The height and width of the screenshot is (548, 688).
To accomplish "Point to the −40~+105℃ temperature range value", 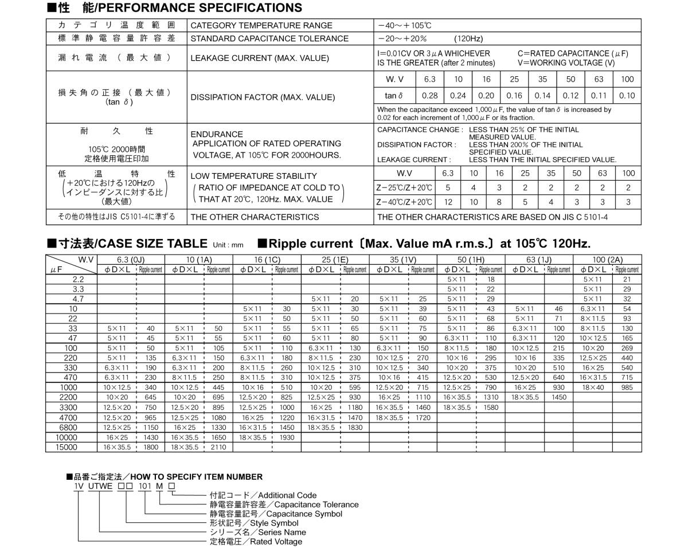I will click(405, 25).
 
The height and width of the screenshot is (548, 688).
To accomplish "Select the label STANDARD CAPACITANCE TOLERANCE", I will click(269, 38).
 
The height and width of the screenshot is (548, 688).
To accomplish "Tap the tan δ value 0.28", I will click(429, 96).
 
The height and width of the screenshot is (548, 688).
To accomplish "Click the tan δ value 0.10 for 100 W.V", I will click(627, 96).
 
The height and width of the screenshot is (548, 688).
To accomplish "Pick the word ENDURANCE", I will click(216, 134).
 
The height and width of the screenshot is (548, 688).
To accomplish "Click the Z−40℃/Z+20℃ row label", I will click(405, 202).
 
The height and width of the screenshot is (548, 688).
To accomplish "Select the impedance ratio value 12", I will click(448, 202).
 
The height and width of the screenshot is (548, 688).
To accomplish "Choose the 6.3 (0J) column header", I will click(131, 260).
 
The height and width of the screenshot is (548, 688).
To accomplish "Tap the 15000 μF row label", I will click(67, 447).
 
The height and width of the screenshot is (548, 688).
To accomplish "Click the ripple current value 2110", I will click(218, 447).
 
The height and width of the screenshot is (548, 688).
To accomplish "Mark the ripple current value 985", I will click(627, 387).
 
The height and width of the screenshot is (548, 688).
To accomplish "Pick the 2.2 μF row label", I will click(78, 279).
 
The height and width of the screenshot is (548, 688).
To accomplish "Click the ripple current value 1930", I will click(287, 437).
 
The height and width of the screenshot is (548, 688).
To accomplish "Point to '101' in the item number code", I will click(148, 486).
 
